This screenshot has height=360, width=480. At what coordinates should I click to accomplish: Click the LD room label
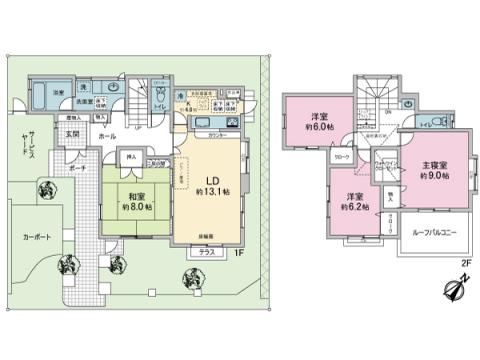tap(213, 180)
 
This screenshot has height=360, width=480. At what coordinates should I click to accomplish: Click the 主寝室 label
tap(432, 164)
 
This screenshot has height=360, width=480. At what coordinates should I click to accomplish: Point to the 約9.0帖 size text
tap(432, 175)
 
